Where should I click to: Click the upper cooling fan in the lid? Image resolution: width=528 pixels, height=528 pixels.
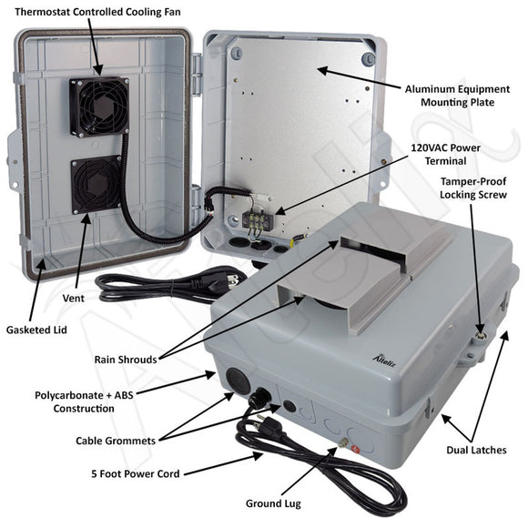99,106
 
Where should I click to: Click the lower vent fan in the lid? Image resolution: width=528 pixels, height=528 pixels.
96,184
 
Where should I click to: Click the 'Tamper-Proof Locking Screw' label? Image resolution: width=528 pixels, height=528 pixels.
476,188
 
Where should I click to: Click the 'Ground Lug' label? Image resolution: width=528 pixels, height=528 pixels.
275,503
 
